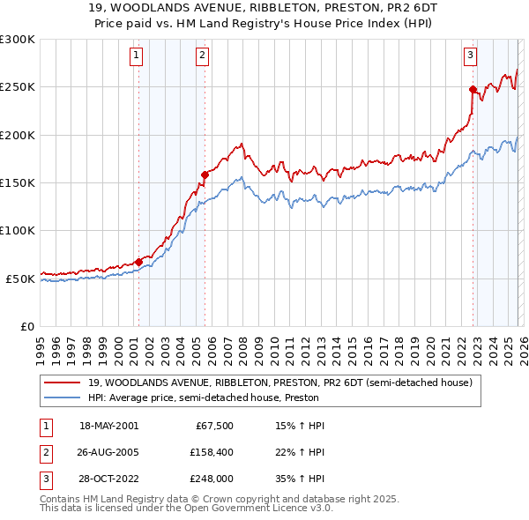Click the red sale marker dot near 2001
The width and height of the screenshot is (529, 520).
pos(138,262)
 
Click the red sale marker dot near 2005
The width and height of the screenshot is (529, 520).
pos(205,175)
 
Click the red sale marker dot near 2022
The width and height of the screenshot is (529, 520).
pos(473,89)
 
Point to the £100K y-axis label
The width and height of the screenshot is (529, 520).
pos(18,230)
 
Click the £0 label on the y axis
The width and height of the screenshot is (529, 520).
pos(26,326)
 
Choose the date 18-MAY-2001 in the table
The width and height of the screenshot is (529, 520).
pos(108,426)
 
